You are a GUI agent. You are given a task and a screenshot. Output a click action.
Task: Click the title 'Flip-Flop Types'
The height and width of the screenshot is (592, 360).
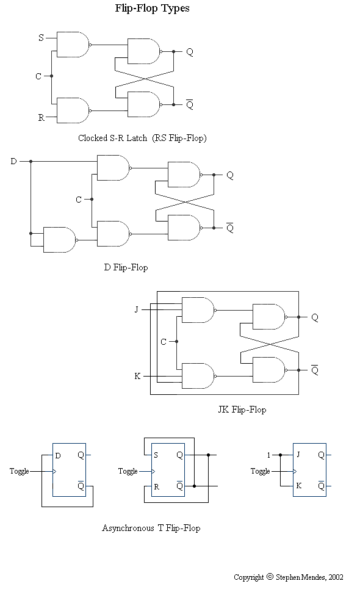(x=152, y=9)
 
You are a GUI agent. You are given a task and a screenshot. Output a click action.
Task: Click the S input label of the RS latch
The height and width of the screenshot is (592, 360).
(x=41, y=37)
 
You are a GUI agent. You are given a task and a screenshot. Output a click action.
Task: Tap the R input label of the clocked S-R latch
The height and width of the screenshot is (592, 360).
(x=41, y=118)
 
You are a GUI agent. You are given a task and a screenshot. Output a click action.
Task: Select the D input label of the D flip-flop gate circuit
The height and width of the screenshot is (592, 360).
(x=13, y=161)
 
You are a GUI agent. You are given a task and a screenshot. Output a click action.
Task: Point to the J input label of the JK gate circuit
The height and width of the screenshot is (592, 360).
(x=136, y=309)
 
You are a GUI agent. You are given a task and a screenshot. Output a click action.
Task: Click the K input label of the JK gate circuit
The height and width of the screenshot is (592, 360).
(x=137, y=376)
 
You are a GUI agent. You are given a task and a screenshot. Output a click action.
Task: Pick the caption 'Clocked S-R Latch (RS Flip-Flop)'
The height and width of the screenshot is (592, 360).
(x=142, y=138)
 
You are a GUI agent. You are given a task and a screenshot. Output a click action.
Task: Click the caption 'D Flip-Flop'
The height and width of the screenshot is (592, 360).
(x=126, y=267)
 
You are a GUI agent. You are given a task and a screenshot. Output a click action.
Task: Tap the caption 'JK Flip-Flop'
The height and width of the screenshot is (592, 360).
(x=242, y=410)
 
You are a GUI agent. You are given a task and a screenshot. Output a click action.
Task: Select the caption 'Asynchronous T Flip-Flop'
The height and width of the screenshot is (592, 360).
(x=151, y=528)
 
